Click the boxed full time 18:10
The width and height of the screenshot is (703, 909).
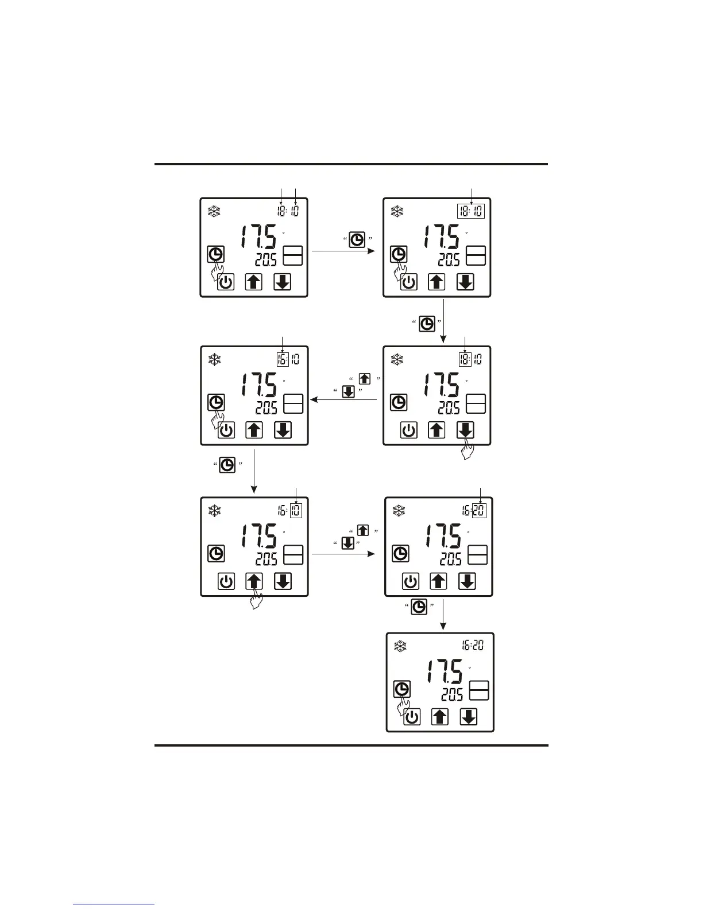471,211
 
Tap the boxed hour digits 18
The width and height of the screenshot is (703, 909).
465,359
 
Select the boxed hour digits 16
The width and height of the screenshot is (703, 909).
282,359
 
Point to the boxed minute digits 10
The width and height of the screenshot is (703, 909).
296,510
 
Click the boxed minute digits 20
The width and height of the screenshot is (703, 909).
479,510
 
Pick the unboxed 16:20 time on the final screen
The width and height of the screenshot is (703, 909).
473,646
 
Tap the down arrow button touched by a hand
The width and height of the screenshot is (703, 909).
465,430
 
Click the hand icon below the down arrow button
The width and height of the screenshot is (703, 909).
468,452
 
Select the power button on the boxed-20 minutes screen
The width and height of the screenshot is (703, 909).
411,581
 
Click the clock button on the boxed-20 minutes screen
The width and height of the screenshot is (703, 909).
400,554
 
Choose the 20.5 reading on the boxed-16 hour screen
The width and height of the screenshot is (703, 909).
266,408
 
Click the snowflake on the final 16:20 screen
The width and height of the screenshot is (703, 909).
400,646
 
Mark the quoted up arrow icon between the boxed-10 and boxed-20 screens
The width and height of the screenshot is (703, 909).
363,530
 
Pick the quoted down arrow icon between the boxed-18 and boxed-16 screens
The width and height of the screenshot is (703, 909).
347,391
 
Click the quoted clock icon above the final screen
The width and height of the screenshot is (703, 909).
419,607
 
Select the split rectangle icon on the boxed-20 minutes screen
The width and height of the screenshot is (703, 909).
478,555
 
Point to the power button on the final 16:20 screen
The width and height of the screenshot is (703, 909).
412,717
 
